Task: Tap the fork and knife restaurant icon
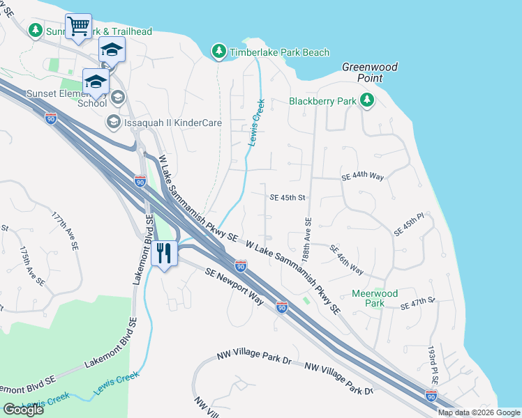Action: pos(164,253)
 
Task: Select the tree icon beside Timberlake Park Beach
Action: pos(219,52)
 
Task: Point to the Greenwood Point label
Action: pos(369,72)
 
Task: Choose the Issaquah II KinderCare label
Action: pos(173,123)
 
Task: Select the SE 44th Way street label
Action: pos(363,178)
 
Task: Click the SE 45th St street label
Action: pos(288,197)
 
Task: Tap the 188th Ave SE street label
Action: pos(306,239)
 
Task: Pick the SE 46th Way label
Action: pos(346,259)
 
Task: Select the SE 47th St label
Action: pos(417,303)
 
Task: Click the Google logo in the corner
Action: pos(23,410)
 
